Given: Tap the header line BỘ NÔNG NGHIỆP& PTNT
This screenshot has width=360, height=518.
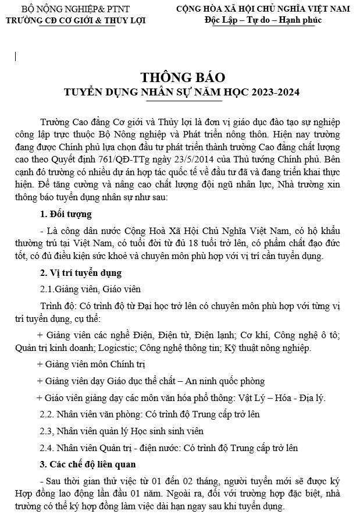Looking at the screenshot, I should click(76, 9).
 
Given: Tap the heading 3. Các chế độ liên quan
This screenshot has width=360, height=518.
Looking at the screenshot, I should click(87, 464).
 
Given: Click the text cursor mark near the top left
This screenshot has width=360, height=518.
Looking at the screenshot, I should click(16, 56).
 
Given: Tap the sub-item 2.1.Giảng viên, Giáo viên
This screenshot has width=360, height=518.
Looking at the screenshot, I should click(90, 289).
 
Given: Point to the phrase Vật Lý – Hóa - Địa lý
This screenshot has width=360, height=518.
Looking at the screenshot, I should click(279, 398).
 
